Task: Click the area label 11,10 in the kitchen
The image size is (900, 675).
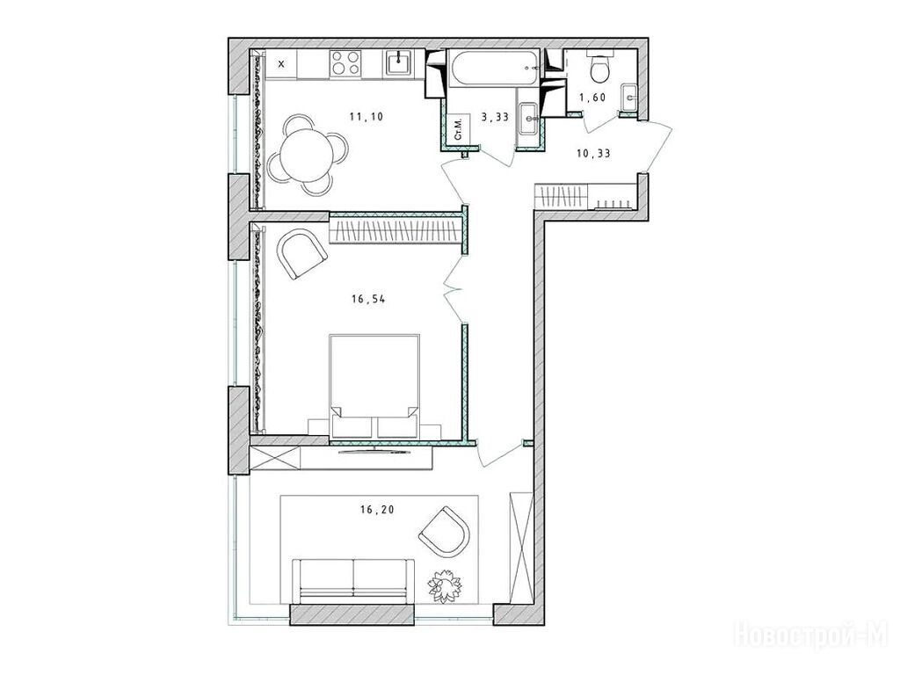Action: [x=367, y=117]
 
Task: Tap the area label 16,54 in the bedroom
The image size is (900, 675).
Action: [x=368, y=299]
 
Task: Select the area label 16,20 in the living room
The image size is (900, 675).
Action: [x=377, y=509]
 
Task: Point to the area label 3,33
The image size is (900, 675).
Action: [x=495, y=117]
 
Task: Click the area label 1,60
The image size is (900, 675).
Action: [x=592, y=98]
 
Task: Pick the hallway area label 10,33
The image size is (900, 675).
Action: [x=593, y=153]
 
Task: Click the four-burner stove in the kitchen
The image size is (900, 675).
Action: [x=345, y=62]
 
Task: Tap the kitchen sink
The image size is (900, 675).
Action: [x=398, y=62]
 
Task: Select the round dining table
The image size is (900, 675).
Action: [x=307, y=154]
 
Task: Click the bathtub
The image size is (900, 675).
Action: [x=494, y=69]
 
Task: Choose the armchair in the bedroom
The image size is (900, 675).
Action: [x=302, y=253]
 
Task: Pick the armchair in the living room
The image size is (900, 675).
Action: [x=444, y=531]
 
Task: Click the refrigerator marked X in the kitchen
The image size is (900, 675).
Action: [x=281, y=63]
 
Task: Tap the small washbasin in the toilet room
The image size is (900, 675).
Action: [x=629, y=97]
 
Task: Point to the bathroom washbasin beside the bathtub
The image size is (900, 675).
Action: [x=528, y=119]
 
